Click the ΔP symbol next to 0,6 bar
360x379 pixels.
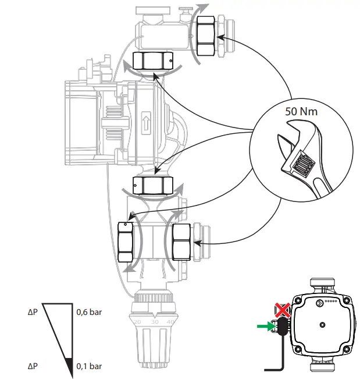coord(34,311)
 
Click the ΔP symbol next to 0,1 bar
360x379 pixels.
coord(34,367)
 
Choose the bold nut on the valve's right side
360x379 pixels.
coord(183,241)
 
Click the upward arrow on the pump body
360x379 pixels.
coord(145,123)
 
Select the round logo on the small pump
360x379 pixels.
coord(318,302)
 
